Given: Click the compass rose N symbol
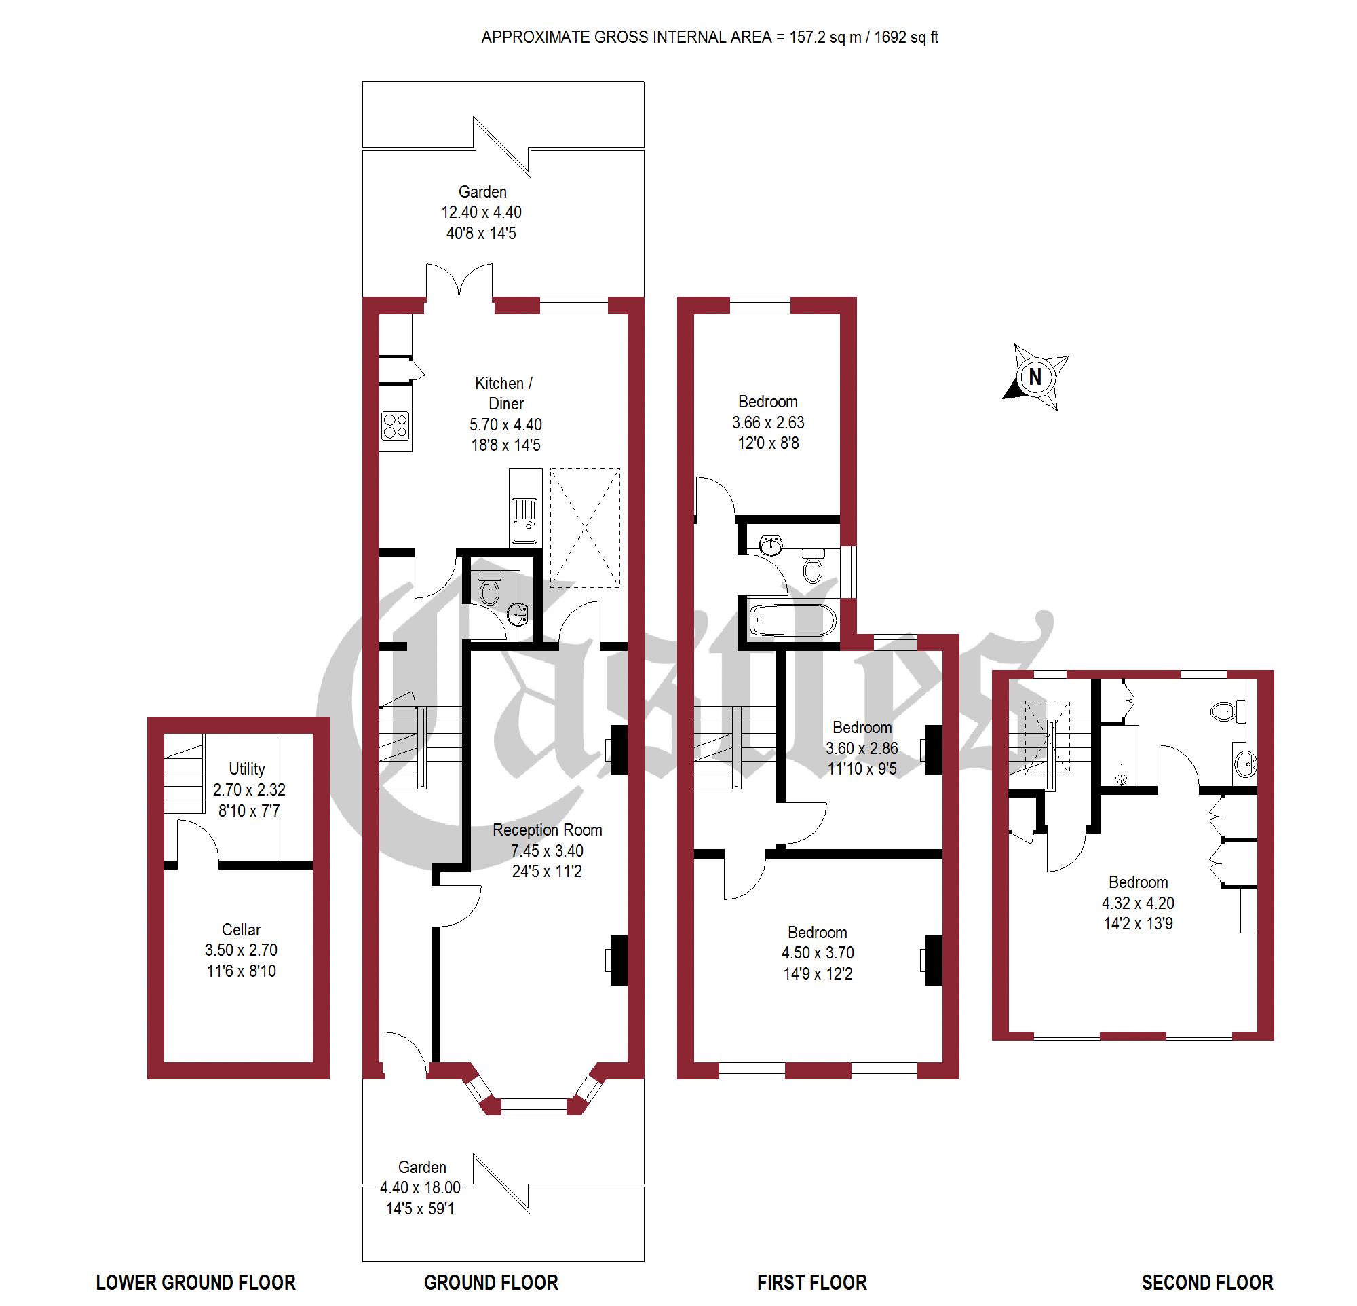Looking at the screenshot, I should pyautogui.click(x=1035, y=377).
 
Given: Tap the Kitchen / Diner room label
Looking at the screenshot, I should pyautogui.click(x=505, y=392).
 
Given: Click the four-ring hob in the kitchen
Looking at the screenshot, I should pyautogui.click(x=396, y=425).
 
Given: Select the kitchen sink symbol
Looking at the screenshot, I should pyautogui.click(x=524, y=520).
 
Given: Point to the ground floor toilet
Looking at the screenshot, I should pyautogui.click(x=489, y=589).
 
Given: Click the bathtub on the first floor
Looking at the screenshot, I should pyautogui.click(x=792, y=620).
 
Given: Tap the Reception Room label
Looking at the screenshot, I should pyautogui.click(x=547, y=829).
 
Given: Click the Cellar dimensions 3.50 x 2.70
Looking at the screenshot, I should pyautogui.click(x=241, y=950).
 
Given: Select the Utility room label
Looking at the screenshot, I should pyautogui.click(x=246, y=768).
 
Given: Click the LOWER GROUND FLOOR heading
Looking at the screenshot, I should pyautogui.click(x=195, y=1282).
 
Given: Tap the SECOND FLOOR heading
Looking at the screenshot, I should pyautogui.click(x=1207, y=1282).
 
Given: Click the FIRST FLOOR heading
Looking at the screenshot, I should pyautogui.click(x=811, y=1282).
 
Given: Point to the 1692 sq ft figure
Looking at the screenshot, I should pyautogui.click(x=906, y=37).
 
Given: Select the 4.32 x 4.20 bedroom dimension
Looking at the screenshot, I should pyautogui.click(x=1138, y=903).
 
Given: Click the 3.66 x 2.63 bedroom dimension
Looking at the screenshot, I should pyautogui.click(x=768, y=422).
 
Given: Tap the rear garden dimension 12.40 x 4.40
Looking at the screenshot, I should pyautogui.click(x=481, y=212).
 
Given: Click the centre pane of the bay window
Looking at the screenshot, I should pyautogui.click(x=533, y=1106).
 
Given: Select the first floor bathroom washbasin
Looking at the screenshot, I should pyautogui.click(x=771, y=545).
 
